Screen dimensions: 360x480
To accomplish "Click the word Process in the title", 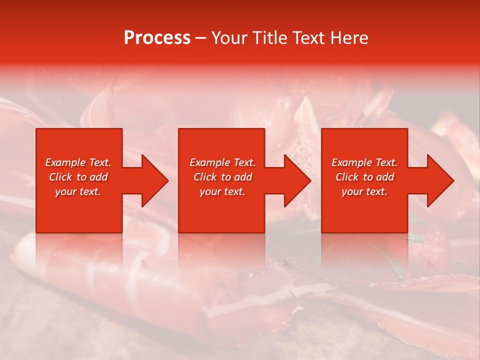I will click(x=157, y=38).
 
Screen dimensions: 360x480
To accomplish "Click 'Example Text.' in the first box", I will click(x=78, y=162).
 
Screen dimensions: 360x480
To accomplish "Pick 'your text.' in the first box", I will click(x=78, y=191).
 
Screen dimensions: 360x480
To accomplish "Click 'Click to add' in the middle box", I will click(x=222, y=177).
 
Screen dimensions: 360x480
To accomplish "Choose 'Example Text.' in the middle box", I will click(x=222, y=162).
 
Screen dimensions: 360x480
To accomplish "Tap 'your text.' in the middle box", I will click(x=222, y=191).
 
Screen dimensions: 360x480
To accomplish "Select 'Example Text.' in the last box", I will click(x=364, y=162).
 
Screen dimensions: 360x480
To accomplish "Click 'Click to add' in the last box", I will click(x=364, y=177).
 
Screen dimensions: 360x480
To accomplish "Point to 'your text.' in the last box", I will click(x=364, y=191).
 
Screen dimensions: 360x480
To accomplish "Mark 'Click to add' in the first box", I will click(x=78, y=177).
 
